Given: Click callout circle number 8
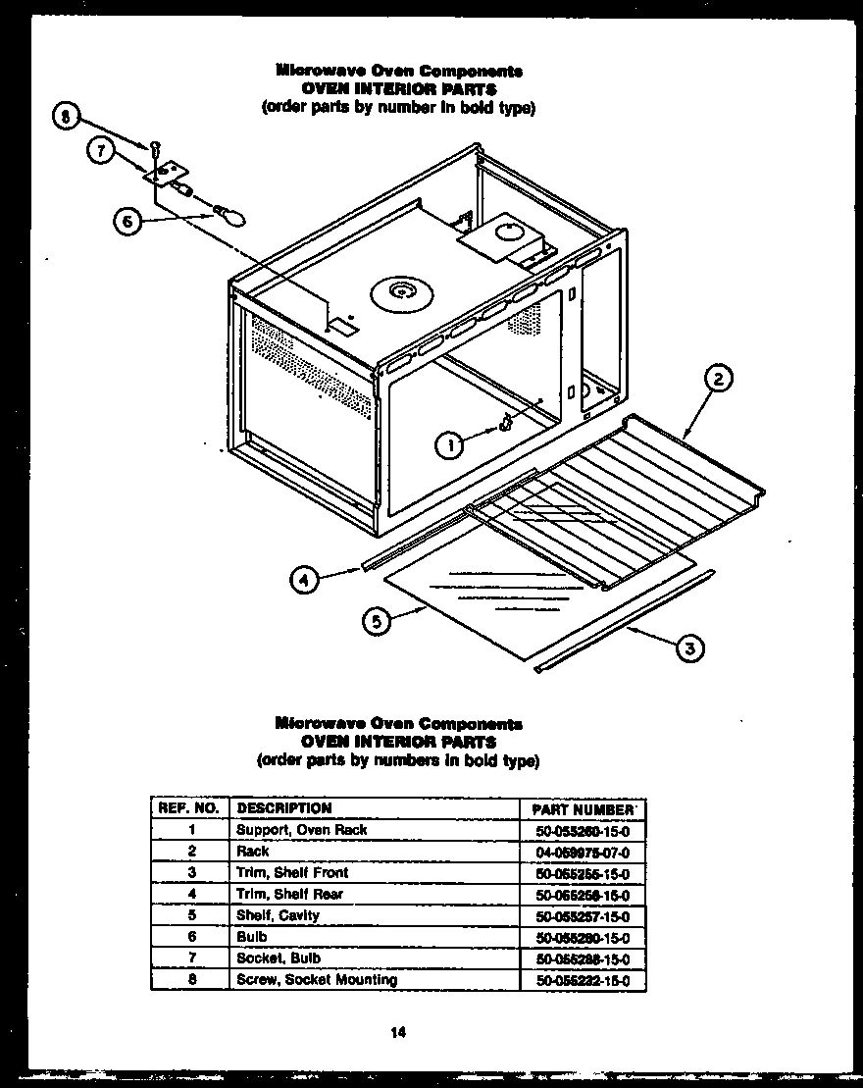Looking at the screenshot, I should (65, 120).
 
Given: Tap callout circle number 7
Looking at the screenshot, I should (99, 150).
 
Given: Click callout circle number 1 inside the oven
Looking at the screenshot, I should (449, 444).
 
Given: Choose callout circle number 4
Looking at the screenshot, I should (306, 581).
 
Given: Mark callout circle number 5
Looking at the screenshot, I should (376, 621).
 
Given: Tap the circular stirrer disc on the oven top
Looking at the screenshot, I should (402, 292).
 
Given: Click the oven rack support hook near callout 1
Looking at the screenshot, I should (505, 424).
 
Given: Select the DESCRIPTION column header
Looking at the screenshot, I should (284, 808).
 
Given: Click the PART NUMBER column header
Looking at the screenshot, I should (582, 809).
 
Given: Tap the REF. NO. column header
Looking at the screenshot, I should (188, 808).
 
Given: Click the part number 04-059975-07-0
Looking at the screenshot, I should (583, 853).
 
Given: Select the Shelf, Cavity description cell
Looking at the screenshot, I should (279, 915).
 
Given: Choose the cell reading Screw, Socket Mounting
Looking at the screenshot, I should (317, 979).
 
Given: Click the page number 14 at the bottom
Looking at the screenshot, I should (397, 1031).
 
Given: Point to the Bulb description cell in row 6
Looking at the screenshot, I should (252, 937).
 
